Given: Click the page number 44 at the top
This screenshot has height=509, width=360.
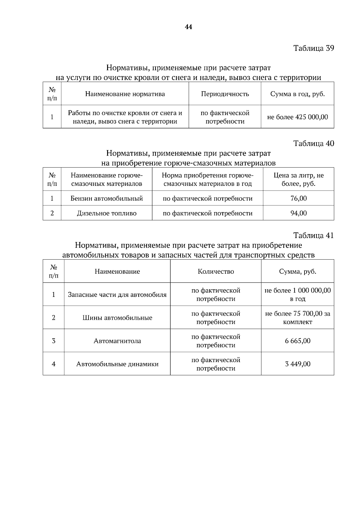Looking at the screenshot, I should [188, 27].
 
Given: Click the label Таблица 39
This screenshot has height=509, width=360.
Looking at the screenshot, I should [313, 48].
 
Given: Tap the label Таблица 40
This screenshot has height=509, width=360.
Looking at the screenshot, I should [313, 143].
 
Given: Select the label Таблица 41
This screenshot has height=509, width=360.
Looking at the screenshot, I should [313, 235].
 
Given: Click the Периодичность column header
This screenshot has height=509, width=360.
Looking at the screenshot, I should [225, 94].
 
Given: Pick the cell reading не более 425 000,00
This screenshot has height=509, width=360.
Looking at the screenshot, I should [297, 117].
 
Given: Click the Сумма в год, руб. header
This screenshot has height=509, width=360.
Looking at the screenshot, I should [297, 94].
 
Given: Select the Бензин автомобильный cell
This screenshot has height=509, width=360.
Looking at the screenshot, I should [106, 198].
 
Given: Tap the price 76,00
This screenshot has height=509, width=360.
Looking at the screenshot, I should [298, 198].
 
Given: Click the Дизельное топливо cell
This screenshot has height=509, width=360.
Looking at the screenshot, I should [106, 213].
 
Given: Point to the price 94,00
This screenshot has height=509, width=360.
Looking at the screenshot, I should [298, 213].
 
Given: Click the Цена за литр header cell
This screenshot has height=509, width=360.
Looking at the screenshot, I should [298, 179].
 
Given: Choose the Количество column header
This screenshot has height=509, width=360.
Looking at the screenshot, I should [216, 272].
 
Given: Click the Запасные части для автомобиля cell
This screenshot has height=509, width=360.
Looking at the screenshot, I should [117, 295].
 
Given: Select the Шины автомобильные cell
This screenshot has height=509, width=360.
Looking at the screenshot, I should [117, 318].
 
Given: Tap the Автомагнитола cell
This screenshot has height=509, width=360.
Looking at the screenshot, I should [117, 341].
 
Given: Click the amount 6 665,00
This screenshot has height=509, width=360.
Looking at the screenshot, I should [298, 341].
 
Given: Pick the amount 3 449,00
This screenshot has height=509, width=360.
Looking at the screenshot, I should [298, 364].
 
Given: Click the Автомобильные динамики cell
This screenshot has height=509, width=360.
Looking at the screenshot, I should [117, 364].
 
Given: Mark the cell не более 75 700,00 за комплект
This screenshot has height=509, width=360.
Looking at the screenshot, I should [298, 318].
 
